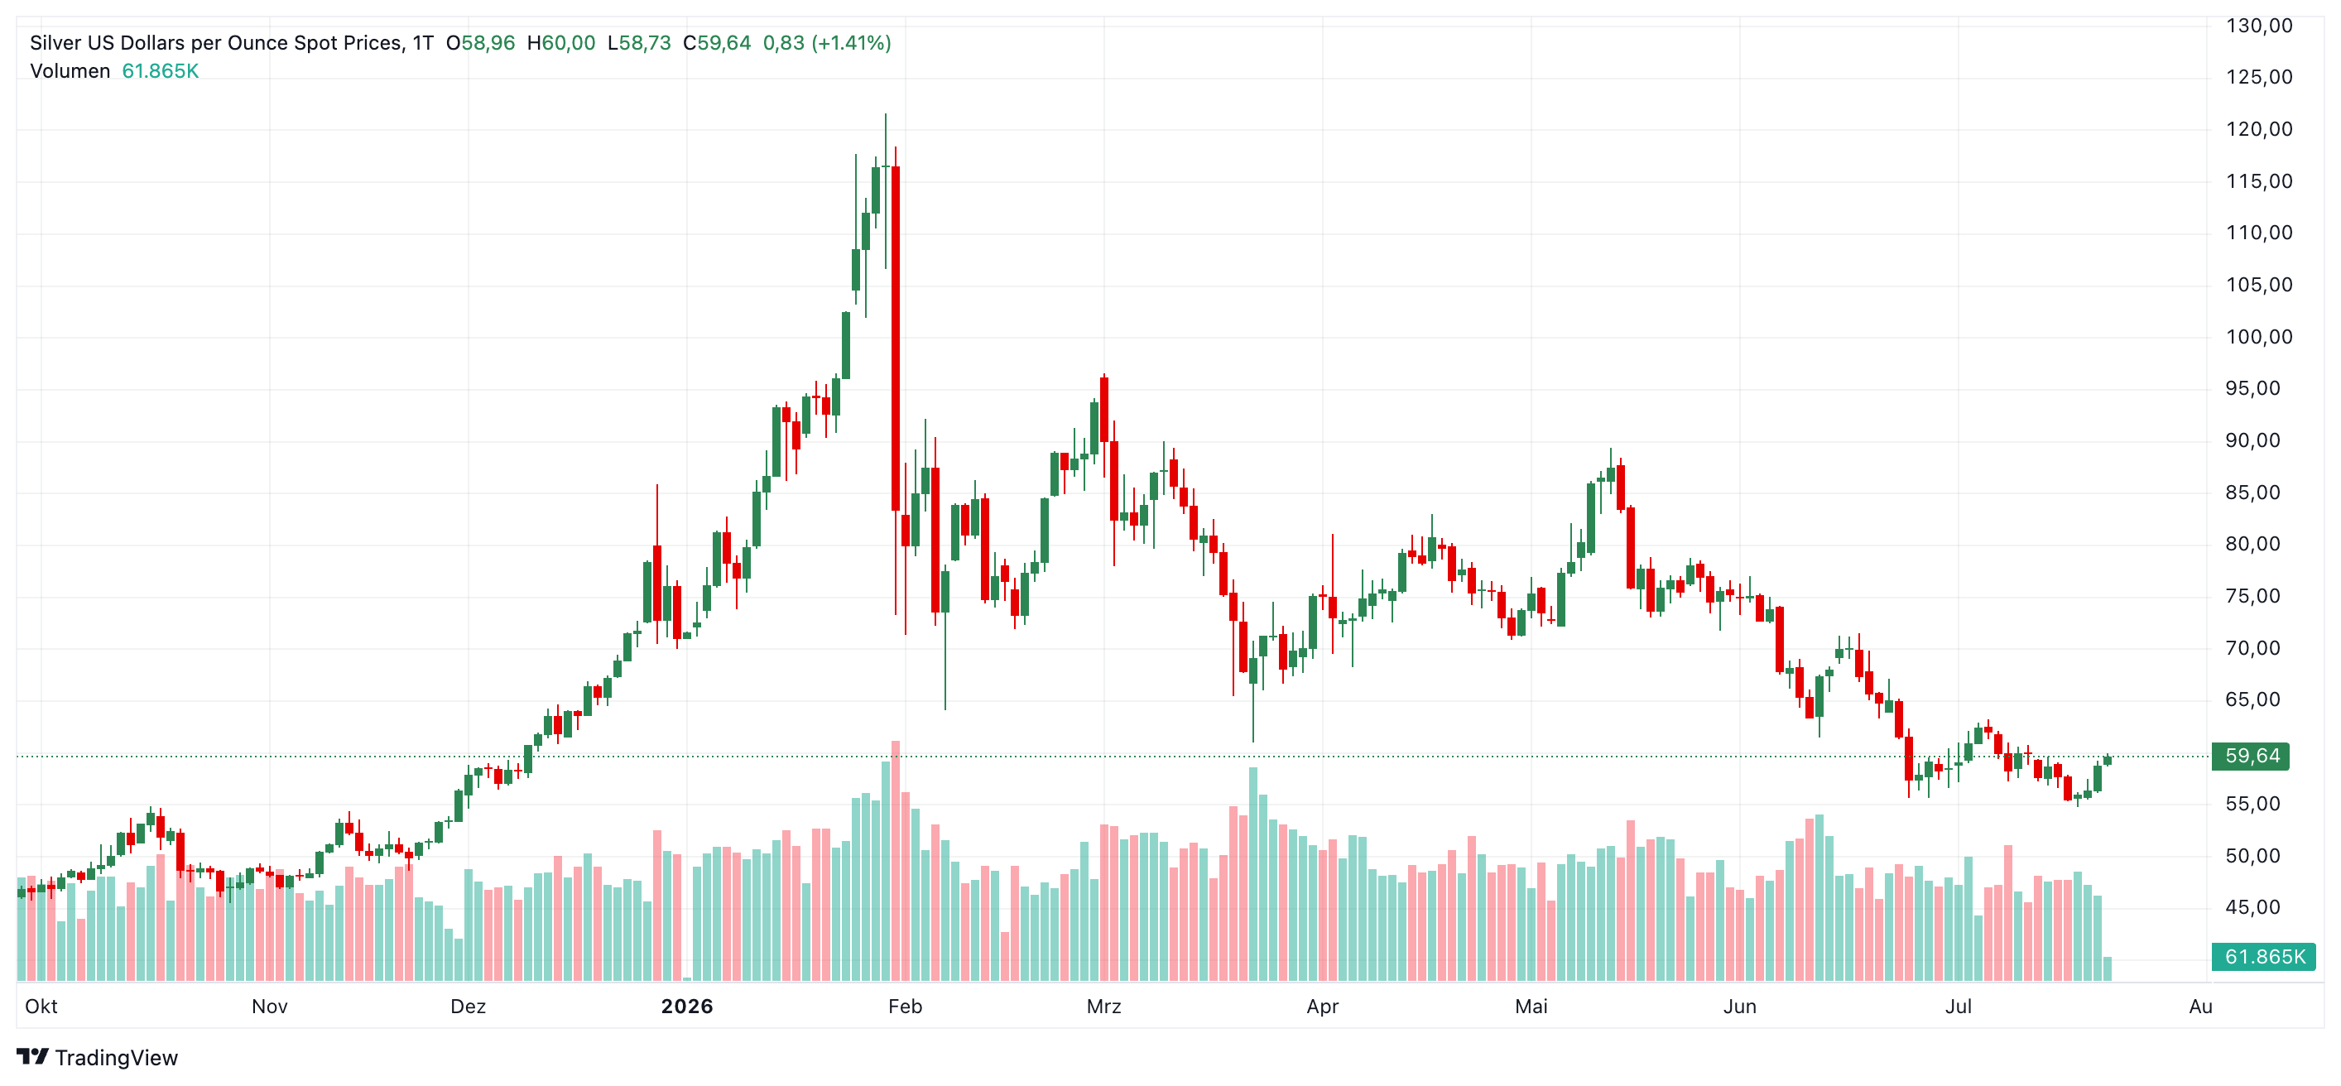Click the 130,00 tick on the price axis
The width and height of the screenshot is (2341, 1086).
point(2258,26)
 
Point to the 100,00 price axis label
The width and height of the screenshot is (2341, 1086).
point(2258,337)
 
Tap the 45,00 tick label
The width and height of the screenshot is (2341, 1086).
point(2258,907)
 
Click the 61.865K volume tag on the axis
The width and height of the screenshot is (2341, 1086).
point(2263,957)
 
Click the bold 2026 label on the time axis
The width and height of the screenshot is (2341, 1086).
point(687,1006)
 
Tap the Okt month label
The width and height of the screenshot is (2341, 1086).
point(41,1006)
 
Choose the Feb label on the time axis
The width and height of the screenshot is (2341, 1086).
point(905,1006)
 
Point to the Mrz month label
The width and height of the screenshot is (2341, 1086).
point(1104,1006)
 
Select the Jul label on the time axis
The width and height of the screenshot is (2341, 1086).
point(1959,1006)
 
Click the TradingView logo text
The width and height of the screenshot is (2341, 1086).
point(117,1058)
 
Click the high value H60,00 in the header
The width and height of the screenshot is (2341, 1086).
point(560,43)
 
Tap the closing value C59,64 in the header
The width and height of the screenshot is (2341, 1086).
point(717,43)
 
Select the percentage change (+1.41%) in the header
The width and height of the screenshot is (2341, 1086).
point(852,43)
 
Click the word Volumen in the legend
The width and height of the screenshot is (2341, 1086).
point(70,71)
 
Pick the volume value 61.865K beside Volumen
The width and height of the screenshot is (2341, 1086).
point(160,71)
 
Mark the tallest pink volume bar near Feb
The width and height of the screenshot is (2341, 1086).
point(896,861)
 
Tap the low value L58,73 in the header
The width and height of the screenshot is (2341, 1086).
point(639,43)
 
